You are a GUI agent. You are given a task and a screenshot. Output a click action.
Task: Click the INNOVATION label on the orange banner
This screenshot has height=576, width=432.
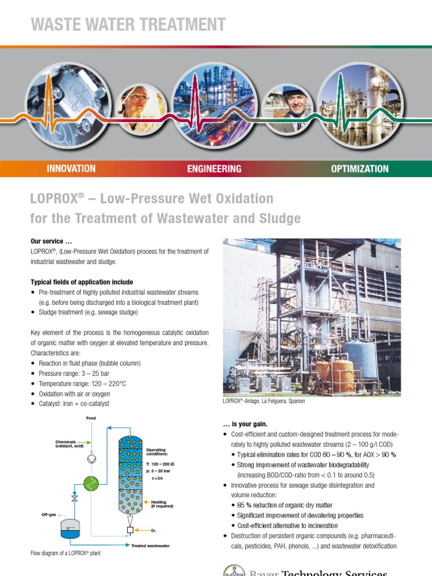click(x=71, y=168)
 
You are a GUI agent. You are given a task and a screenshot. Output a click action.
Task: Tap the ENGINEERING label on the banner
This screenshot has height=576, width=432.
click(x=214, y=168)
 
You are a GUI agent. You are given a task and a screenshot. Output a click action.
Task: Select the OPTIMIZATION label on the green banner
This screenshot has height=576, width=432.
click(x=360, y=168)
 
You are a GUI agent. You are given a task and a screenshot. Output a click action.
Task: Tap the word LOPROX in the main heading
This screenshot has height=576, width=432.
click(x=53, y=199)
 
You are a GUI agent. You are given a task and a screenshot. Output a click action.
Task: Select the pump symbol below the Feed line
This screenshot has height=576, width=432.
click(x=91, y=459)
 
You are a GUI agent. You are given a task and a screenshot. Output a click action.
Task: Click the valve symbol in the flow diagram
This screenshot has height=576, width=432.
click(x=74, y=498)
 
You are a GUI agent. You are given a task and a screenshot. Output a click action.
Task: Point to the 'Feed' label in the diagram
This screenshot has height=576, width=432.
click(x=91, y=418)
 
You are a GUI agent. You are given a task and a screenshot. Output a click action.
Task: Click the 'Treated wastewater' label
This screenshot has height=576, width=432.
click(x=150, y=546)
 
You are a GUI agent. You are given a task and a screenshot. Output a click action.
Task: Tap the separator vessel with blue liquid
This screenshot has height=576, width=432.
click(x=71, y=529)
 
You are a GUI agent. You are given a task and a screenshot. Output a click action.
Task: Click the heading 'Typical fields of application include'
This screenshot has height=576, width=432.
click(x=82, y=282)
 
